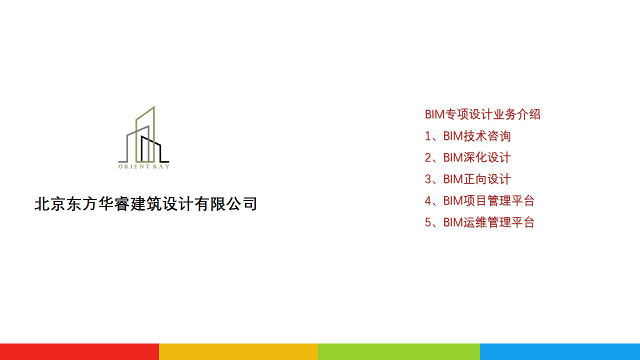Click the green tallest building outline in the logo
click(x=154, y=134)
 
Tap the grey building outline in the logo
click(x=127, y=148)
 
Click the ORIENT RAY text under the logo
click(x=144, y=166)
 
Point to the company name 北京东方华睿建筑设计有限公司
click(x=145, y=204)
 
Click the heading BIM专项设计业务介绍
click(x=482, y=114)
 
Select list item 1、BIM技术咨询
click(x=467, y=136)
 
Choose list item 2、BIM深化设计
click(x=467, y=157)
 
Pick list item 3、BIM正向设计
click(x=467, y=179)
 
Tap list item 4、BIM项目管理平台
click(x=479, y=200)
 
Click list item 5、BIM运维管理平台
click(x=479, y=222)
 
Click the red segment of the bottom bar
click(x=79, y=351)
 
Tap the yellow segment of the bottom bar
click(x=238, y=351)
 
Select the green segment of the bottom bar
click(x=399, y=351)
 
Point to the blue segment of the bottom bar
click(x=560, y=351)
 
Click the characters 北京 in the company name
click(x=50, y=204)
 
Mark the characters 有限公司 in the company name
click(x=225, y=204)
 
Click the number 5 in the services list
click(x=428, y=222)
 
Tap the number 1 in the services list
click(x=428, y=136)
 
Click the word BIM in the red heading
click(x=435, y=114)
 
